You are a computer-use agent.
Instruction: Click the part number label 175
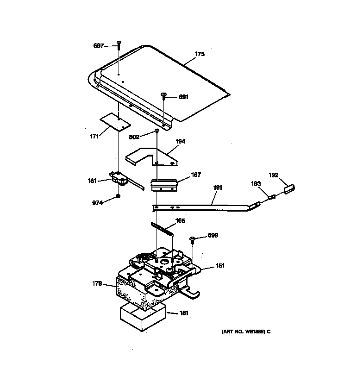click(199, 54)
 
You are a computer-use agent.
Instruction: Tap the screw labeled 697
click(119, 44)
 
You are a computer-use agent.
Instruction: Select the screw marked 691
click(164, 96)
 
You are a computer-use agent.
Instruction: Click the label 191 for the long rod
click(218, 188)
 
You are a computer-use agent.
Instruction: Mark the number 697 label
click(99, 45)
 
